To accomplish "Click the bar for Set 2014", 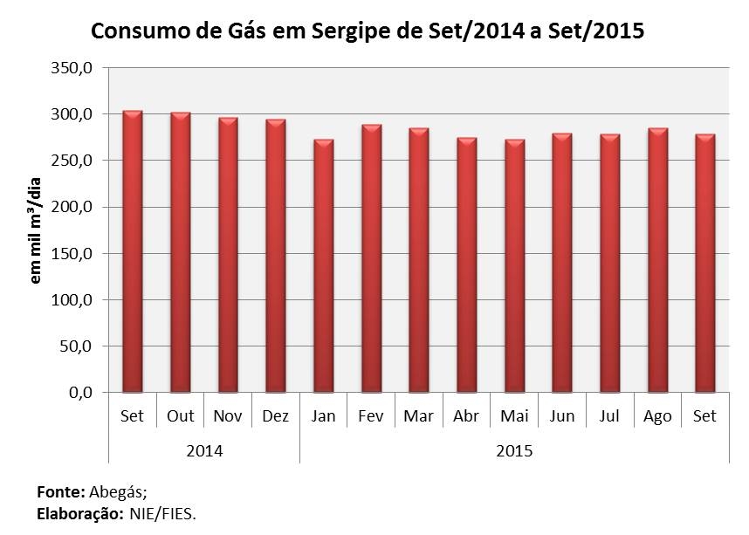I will (x=133, y=252).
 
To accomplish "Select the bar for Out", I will (x=181, y=253).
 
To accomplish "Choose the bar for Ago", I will (x=657, y=261).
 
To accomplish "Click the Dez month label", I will (x=276, y=416).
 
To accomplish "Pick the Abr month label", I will (x=466, y=416).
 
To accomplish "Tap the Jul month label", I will (x=609, y=416).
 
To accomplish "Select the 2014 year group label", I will (x=204, y=451).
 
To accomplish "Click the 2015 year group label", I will (x=514, y=451).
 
